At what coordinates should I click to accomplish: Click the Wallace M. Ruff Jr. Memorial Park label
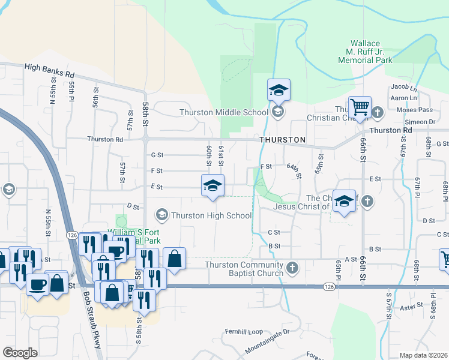(x=365, y=52)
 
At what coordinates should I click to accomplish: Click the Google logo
(x=20, y=353)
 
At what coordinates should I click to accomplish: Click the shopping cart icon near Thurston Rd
(x=360, y=107)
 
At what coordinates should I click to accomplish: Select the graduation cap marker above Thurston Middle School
(x=279, y=90)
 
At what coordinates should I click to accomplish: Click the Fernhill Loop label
(x=244, y=331)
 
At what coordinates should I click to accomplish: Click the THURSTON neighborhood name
(x=283, y=140)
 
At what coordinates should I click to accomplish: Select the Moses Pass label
(x=414, y=110)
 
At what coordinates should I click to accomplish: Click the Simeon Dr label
(x=423, y=122)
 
